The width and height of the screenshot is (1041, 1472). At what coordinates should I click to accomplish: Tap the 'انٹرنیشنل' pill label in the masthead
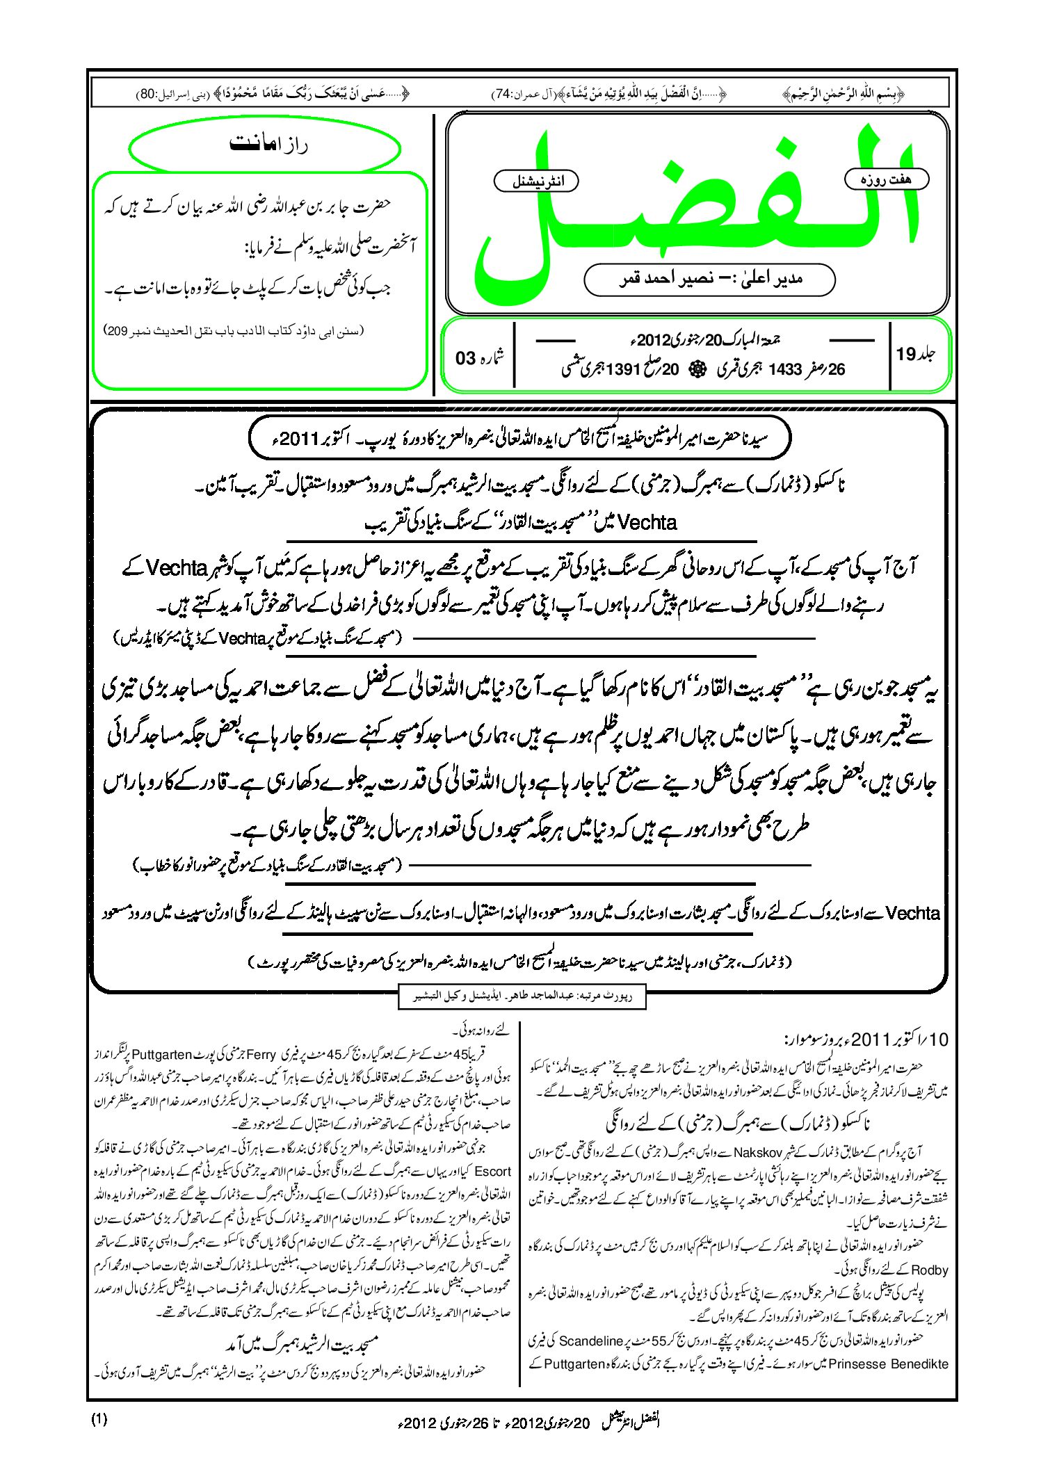click(536, 181)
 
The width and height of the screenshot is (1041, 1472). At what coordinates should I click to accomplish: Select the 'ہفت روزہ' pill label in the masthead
click(886, 179)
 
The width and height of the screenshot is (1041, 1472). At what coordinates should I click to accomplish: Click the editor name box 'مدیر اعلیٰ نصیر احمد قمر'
click(709, 280)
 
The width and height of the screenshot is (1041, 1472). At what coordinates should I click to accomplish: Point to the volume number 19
click(906, 355)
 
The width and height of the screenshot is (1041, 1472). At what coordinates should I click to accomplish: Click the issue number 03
click(465, 358)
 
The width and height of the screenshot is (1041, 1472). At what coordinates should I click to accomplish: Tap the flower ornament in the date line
click(696, 370)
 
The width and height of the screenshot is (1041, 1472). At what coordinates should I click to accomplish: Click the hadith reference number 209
click(116, 332)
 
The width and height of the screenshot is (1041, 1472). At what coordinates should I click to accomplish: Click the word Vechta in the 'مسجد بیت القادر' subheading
click(647, 522)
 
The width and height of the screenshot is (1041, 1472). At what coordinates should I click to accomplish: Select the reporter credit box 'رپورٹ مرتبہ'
click(522, 995)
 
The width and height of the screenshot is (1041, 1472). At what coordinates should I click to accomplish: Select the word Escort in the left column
click(492, 1171)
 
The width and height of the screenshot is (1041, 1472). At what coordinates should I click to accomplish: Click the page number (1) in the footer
click(99, 1420)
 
